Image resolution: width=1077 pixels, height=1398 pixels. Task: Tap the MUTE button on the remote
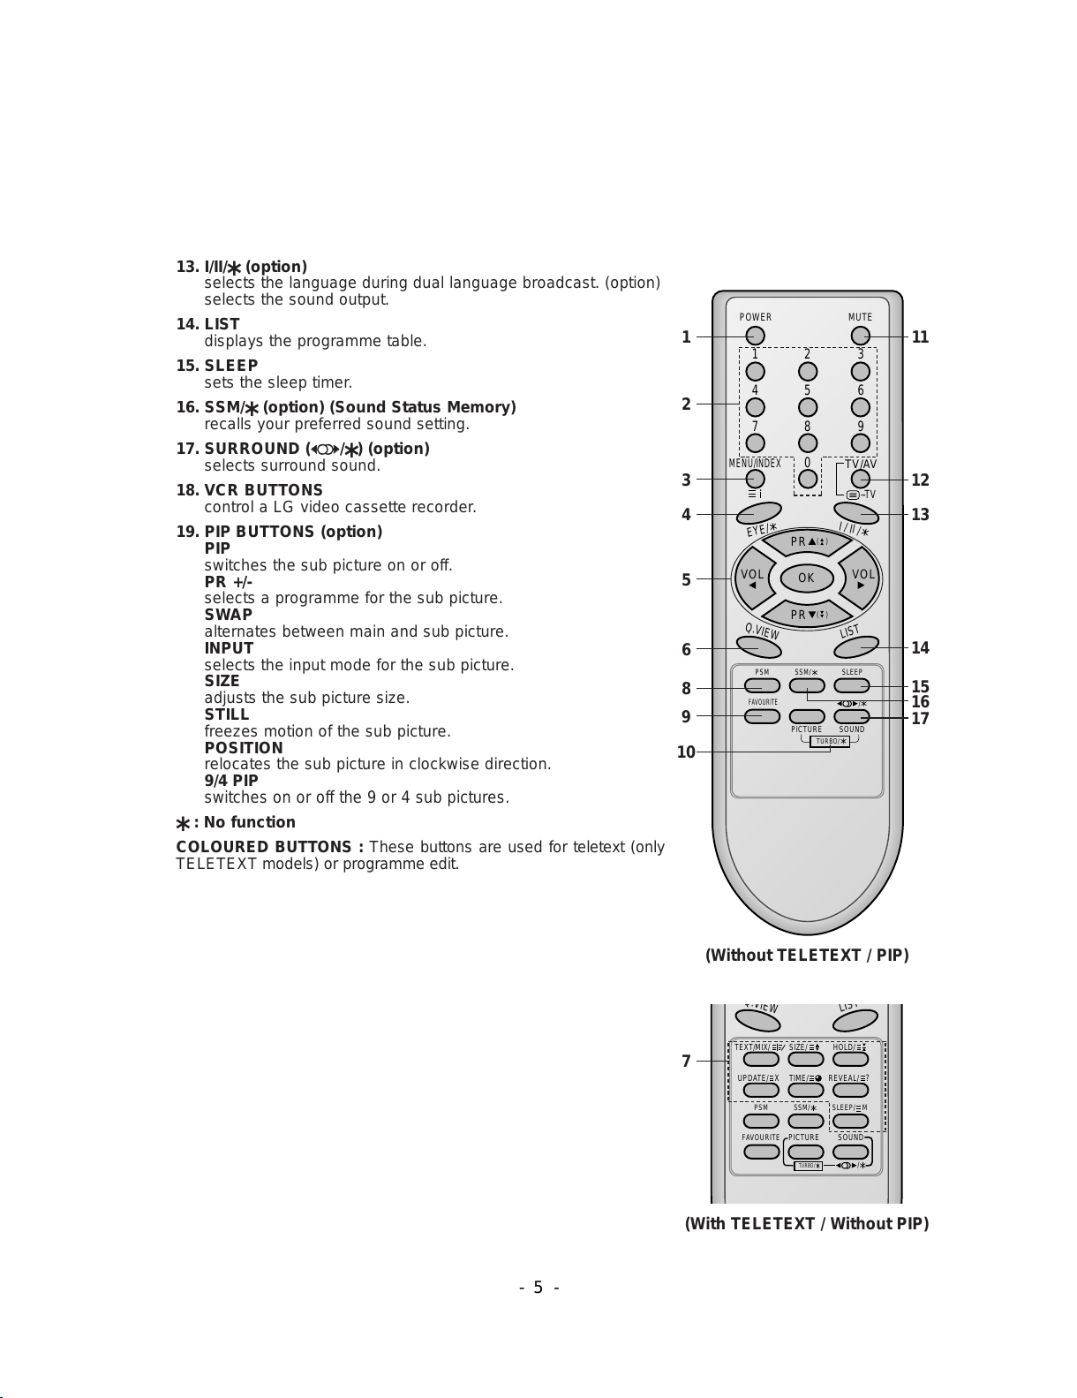tap(860, 336)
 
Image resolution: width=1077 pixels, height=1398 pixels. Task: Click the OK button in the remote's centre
tap(806, 578)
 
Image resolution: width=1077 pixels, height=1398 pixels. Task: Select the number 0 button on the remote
tap(807, 479)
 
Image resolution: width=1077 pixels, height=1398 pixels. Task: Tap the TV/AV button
tap(860, 480)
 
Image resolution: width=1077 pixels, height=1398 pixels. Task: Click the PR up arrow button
tap(807, 542)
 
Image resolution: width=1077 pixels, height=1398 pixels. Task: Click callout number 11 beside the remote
tap(920, 337)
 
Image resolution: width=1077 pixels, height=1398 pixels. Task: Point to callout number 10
tap(686, 752)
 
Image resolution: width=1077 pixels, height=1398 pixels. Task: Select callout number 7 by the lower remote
tap(686, 1062)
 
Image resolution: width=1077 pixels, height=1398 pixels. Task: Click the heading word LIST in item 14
tap(222, 324)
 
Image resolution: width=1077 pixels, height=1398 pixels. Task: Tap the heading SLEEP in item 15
tap(231, 366)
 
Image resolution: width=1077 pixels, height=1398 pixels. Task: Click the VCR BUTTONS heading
tap(263, 490)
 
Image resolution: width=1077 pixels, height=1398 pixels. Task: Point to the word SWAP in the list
tap(228, 615)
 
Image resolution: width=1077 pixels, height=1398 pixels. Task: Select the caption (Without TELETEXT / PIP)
tap(807, 955)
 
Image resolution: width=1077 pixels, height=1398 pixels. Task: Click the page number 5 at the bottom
tap(538, 1288)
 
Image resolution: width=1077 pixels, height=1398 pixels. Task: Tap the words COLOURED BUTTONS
tap(270, 847)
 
